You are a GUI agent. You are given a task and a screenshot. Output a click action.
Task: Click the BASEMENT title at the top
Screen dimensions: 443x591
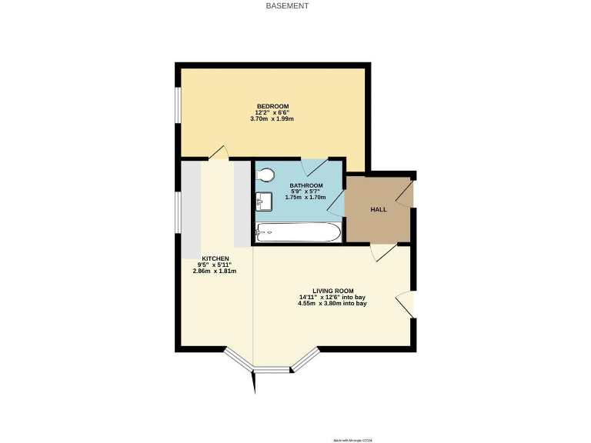coord(287,6)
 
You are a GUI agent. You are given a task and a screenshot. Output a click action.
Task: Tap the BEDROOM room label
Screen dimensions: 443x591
coord(272,105)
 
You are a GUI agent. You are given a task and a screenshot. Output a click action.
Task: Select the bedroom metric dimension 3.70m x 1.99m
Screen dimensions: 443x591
coord(272,119)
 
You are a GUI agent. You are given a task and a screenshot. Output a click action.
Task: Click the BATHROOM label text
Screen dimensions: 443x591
coord(306,185)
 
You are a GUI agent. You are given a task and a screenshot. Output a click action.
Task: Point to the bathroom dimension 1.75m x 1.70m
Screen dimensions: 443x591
coord(306,198)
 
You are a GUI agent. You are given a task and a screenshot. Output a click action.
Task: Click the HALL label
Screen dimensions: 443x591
coord(379,209)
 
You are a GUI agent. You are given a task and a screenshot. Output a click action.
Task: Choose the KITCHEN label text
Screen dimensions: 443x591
coord(215,258)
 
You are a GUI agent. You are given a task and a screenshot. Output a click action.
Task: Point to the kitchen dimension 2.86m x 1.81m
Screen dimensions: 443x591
coord(215,271)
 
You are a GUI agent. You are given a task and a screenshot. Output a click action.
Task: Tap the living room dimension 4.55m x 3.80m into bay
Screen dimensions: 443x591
coord(332,303)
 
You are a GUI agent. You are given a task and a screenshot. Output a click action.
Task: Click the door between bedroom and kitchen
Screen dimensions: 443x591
coord(218,153)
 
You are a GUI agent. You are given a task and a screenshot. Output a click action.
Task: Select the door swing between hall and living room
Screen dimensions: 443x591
coord(382,255)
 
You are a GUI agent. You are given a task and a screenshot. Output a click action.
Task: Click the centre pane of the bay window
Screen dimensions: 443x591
coord(273,370)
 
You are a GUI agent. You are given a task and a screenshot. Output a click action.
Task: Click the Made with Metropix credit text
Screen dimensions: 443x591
coord(353,440)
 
